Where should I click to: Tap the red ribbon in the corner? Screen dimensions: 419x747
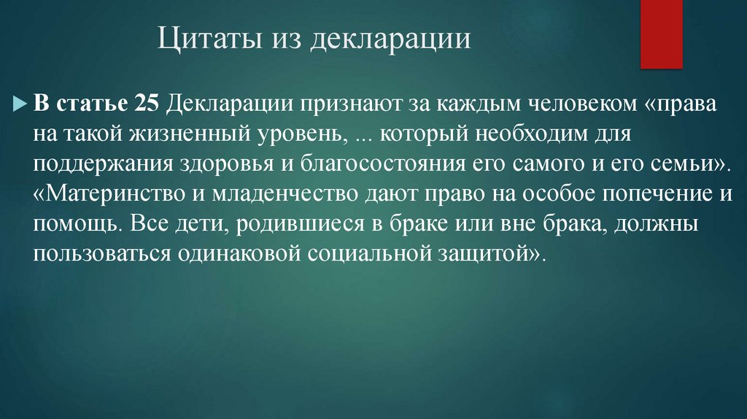[x=661, y=33]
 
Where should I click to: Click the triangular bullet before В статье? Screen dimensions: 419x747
[x=21, y=104]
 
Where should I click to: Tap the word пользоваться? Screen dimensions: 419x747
[x=91, y=255]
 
